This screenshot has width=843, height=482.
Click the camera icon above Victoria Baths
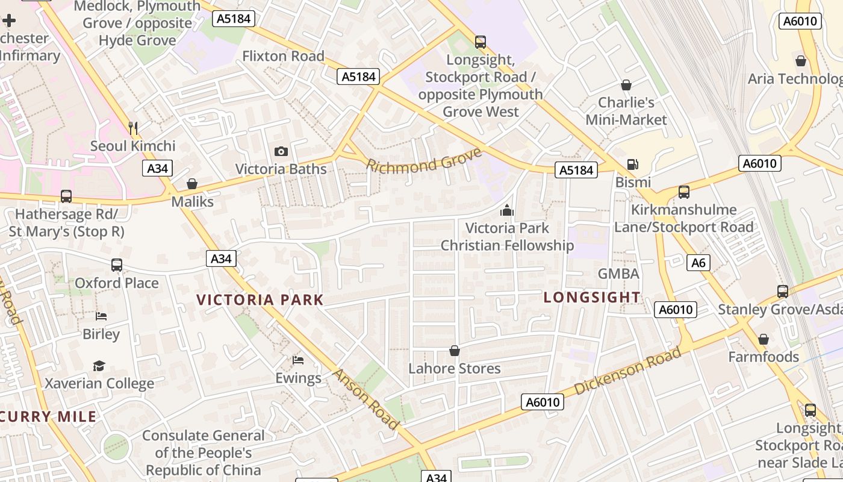(281, 151)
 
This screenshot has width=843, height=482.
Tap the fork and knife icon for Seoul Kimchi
(133, 128)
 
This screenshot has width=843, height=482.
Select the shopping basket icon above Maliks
(192, 184)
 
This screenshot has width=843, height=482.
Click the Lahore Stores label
(455, 368)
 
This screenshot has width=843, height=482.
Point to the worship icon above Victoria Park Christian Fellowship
(507, 210)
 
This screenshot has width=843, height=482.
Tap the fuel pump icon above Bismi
(632, 164)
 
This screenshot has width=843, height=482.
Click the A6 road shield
(698, 263)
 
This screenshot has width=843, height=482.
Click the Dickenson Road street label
(627, 371)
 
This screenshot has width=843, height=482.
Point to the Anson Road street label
(366, 399)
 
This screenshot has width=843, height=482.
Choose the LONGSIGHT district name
(592, 297)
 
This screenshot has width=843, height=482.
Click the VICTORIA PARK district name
(260, 299)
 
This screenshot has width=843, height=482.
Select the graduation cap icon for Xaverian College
(99, 366)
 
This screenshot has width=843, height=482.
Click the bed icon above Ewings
(298, 360)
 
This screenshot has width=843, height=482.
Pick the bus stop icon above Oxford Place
(117, 265)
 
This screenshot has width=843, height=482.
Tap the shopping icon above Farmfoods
(764, 339)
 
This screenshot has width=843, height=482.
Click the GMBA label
(618, 274)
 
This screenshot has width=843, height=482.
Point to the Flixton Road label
(283, 56)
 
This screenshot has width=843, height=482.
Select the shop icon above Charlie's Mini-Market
(626, 85)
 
